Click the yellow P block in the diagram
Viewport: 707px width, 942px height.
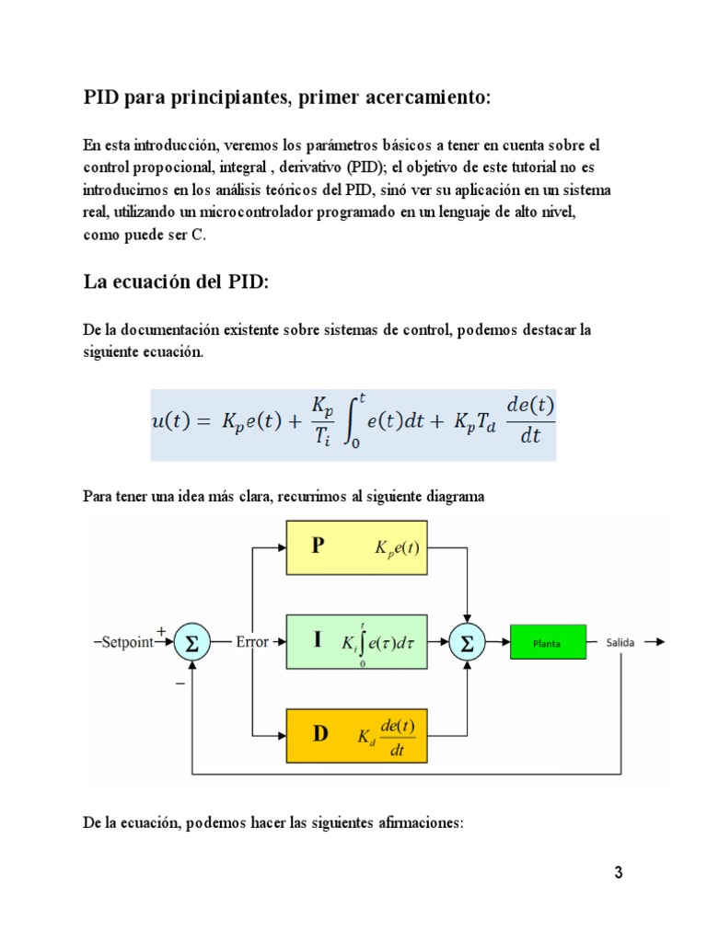click(356, 547)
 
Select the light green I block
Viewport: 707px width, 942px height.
click(356, 641)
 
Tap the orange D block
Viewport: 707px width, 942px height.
click(356, 736)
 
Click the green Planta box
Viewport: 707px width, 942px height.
click(549, 642)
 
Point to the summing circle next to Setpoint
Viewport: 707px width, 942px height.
click(191, 642)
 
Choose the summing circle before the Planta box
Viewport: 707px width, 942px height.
click(467, 642)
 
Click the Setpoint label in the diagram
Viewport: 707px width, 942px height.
click(127, 642)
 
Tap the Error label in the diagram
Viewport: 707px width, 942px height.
click(252, 641)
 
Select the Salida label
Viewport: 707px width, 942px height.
click(620, 642)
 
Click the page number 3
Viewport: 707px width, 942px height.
click(618, 872)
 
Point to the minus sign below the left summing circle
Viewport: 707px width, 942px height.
click(180, 684)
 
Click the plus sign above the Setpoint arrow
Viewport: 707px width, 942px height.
click(161, 631)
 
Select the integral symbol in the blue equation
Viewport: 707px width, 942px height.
click(351, 421)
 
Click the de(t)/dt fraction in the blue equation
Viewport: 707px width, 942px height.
click(530, 419)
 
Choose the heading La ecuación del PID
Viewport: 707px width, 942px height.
click(176, 281)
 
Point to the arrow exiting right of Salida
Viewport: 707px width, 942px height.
click(655, 642)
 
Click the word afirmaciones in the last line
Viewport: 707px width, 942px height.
click(421, 822)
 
